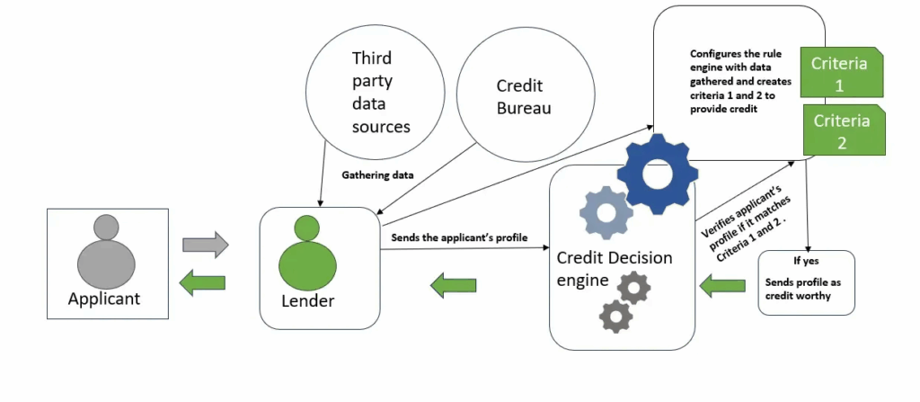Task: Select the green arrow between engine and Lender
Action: coord(454,287)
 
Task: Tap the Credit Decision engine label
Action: coord(614,268)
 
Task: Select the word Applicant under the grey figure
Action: coord(104,299)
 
